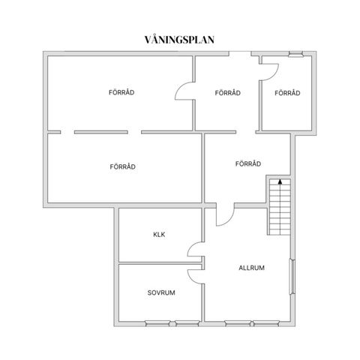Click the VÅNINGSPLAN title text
coord(179,39)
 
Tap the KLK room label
coord(159,235)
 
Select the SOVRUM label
coord(161,292)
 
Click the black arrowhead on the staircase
coord(280,181)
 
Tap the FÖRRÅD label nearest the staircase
coord(247,163)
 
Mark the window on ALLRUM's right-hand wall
coord(292,277)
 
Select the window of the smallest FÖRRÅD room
coord(295,53)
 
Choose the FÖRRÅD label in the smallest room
coord(287,93)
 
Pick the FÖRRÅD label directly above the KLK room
coord(121,166)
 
